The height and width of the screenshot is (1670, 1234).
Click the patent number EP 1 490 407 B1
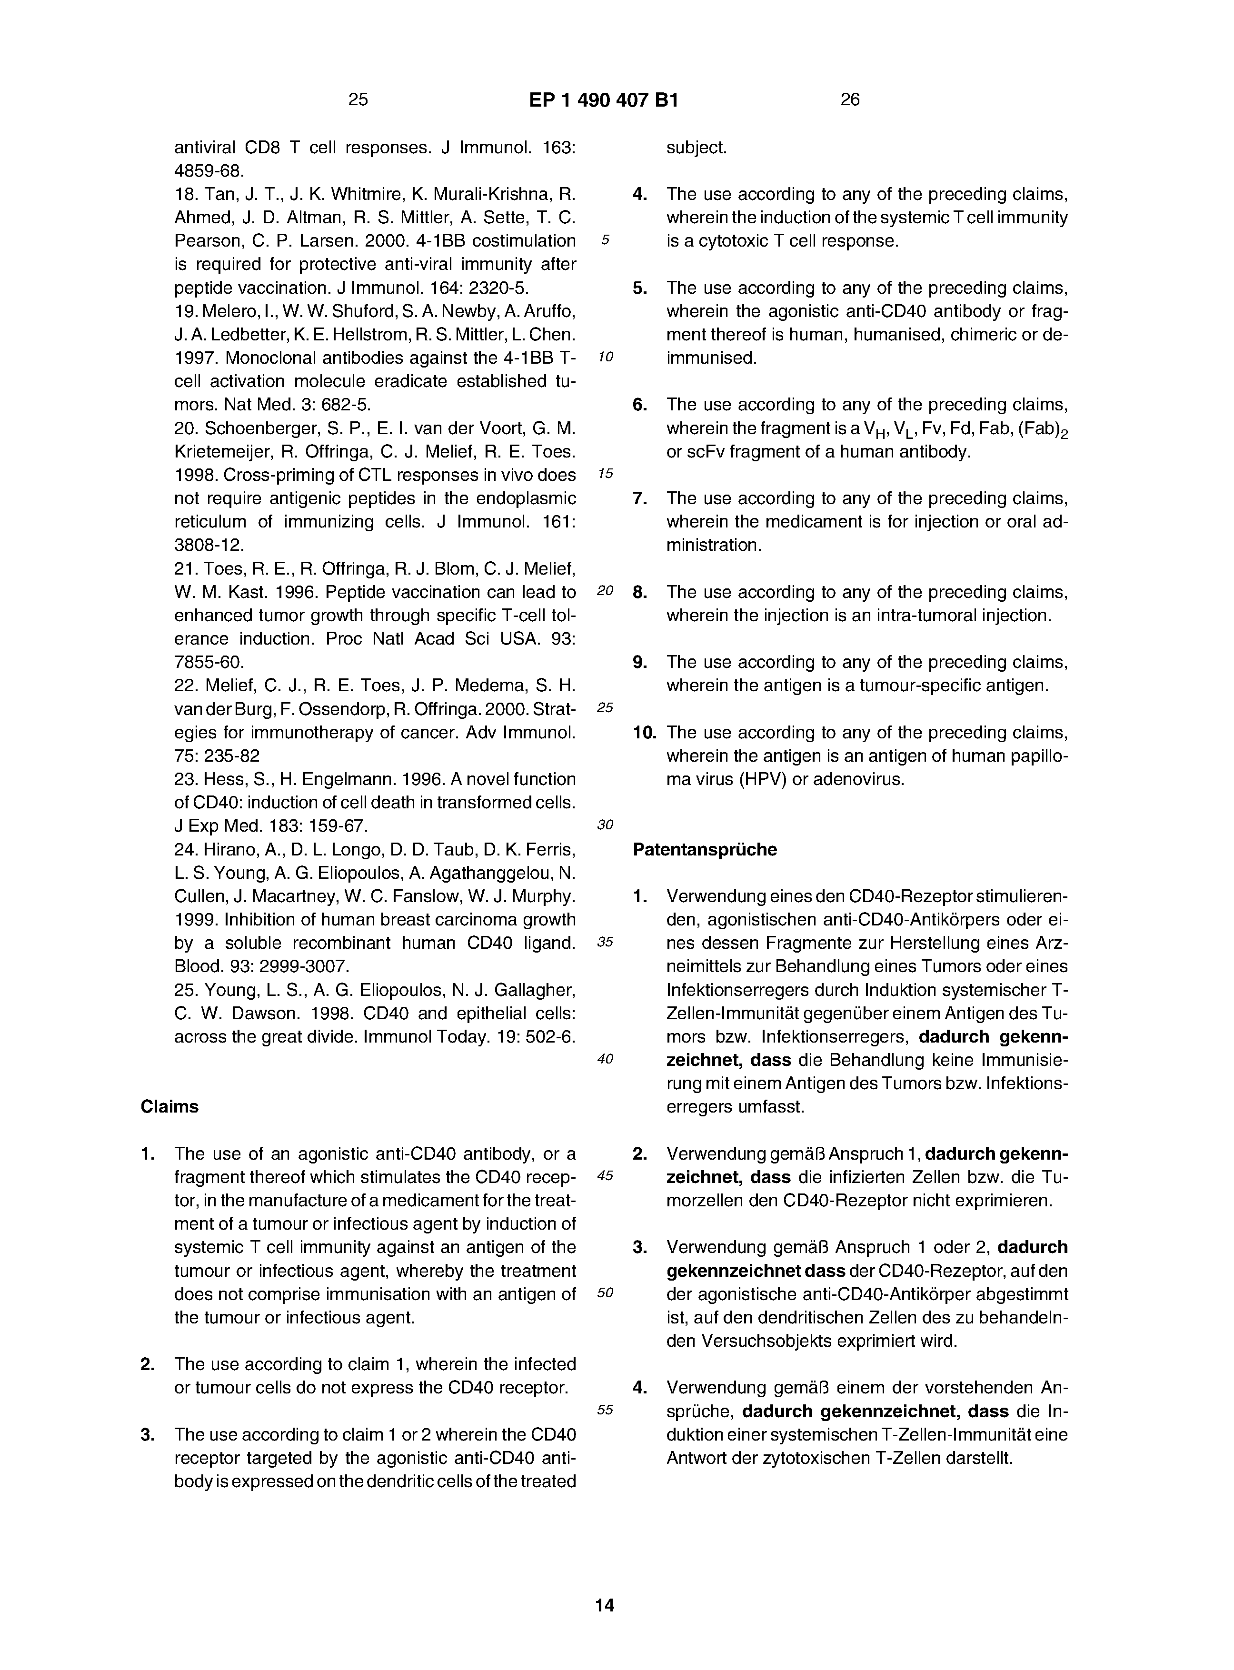[x=604, y=100]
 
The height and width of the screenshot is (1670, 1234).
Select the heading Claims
[x=169, y=1106]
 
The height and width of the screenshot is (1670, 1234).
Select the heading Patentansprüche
[x=705, y=849]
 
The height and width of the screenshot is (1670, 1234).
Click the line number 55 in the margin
[x=605, y=1409]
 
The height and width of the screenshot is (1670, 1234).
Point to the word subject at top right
[x=696, y=148]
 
